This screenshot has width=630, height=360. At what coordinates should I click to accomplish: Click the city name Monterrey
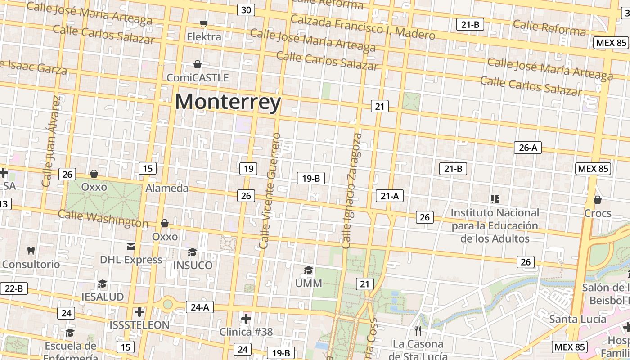click(x=228, y=102)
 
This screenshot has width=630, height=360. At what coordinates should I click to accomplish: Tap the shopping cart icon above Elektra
click(x=204, y=23)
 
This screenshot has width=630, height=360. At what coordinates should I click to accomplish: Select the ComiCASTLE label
click(x=198, y=77)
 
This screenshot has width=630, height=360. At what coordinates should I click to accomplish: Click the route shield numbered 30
click(x=246, y=10)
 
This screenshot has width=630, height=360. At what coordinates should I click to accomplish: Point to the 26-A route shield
click(x=528, y=148)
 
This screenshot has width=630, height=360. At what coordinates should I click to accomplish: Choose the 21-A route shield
click(x=390, y=196)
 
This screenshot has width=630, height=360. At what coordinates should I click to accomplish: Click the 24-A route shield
click(x=200, y=307)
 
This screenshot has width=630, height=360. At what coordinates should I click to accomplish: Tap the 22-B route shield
click(x=13, y=288)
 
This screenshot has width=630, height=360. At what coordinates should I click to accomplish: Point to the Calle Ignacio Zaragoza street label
click(x=351, y=191)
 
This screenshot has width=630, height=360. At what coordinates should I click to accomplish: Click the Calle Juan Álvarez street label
click(x=50, y=141)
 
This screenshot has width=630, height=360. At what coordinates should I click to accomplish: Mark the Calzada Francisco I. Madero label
click(x=363, y=27)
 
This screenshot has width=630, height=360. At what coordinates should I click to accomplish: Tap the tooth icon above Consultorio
click(x=31, y=251)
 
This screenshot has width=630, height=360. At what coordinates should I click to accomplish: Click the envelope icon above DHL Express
click(x=131, y=246)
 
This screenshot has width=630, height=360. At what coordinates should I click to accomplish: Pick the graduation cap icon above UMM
click(x=308, y=270)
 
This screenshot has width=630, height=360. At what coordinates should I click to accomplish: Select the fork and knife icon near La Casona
click(x=418, y=331)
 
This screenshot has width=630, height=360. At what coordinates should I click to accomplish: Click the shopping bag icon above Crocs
click(x=598, y=199)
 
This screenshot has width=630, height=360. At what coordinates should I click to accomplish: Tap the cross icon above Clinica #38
click(x=246, y=319)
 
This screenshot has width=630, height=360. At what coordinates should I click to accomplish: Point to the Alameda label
click(x=167, y=188)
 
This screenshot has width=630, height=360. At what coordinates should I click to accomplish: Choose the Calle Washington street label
click(x=103, y=219)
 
